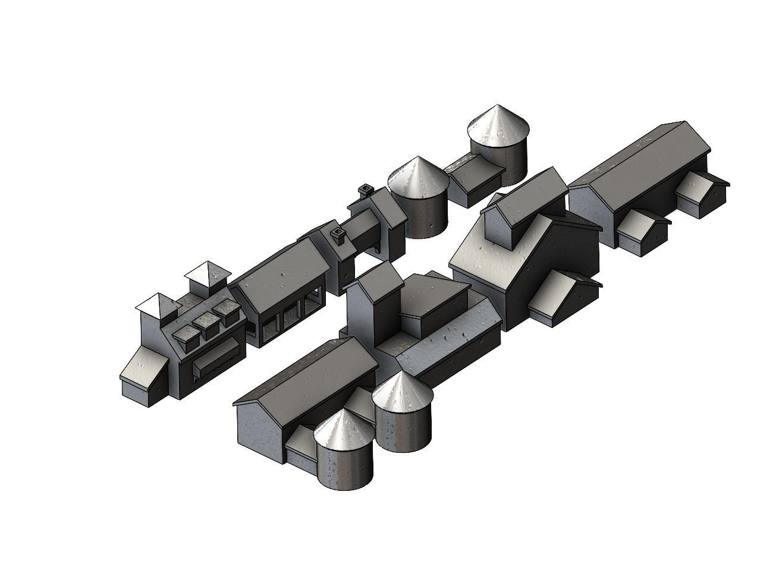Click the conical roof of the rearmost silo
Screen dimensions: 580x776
coord(498,124)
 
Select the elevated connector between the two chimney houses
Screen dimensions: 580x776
coord(363,229)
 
